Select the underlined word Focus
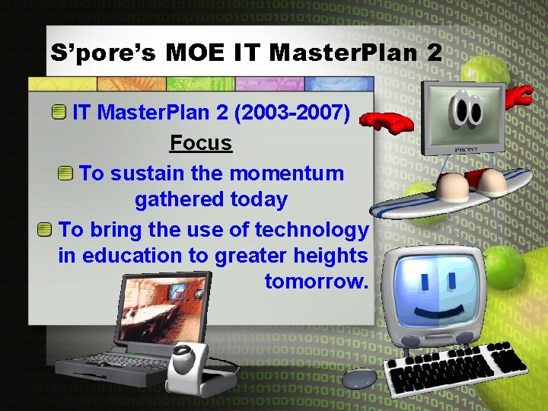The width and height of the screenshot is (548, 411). pyautogui.click(x=201, y=143)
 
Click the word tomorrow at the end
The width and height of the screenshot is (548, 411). pyautogui.click(x=316, y=282)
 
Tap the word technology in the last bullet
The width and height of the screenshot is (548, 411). pyautogui.click(x=312, y=229)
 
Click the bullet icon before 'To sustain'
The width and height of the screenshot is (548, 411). pyautogui.click(x=66, y=173)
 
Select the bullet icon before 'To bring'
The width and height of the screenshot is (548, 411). pyautogui.click(x=46, y=229)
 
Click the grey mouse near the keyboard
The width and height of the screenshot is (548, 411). pyautogui.click(x=359, y=377)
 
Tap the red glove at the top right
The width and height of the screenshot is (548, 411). pyautogui.click(x=520, y=95)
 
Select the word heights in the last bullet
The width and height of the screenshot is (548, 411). pyautogui.click(x=333, y=256)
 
